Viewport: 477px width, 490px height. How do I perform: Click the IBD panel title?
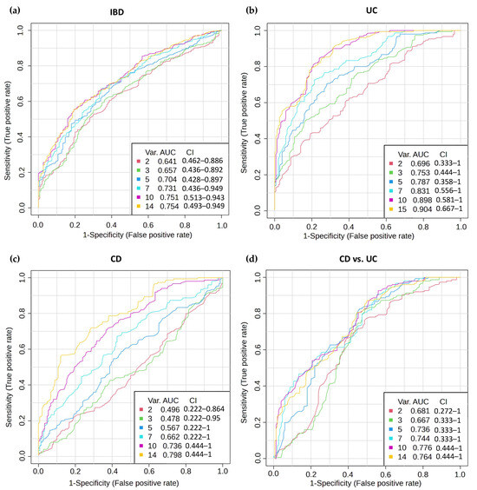pyautogui.click(x=117, y=12)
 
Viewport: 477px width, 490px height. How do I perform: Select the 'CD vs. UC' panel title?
pyautogui.click(x=358, y=259)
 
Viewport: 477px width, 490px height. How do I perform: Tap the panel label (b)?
pyautogui.click(x=252, y=10)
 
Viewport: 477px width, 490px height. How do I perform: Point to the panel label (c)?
pyautogui.click(x=15, y=259)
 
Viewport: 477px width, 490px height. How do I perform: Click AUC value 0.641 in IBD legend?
pyautogui.click(x=167, y=162)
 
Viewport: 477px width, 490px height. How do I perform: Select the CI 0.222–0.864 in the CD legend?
pyautogui.click(x=204, y=409)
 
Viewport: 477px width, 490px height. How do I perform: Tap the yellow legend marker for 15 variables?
pyautogui.click(x=390, y=209)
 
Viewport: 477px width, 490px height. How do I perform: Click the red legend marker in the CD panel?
pyautogui.click(x=141, y=409)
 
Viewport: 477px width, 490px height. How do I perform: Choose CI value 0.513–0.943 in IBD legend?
pyautogui.click(x=204, y=197)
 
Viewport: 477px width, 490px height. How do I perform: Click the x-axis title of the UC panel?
pyautogui.click(x=359, y=236)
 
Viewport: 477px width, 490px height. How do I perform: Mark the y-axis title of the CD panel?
pyautogui.click(x=9, y=377)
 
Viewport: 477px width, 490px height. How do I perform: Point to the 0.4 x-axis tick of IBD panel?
pyautogui.click(x=111, y=225)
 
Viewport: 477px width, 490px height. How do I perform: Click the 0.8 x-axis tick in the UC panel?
pyautogui.click(x=423, y=227)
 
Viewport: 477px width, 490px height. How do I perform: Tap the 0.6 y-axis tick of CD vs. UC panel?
pyautogui.click(x=258, y=349)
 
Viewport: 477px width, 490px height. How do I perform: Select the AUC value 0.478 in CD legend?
pyautogui.click(x=170, y=419)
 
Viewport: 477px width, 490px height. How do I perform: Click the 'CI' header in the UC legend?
pyautogui.click(x=443, y=155)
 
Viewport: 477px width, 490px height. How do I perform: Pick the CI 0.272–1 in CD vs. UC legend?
pyautogui.click(x=448, y=411)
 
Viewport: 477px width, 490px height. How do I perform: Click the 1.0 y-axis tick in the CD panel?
pyautogui.click(x=23, y=277)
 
